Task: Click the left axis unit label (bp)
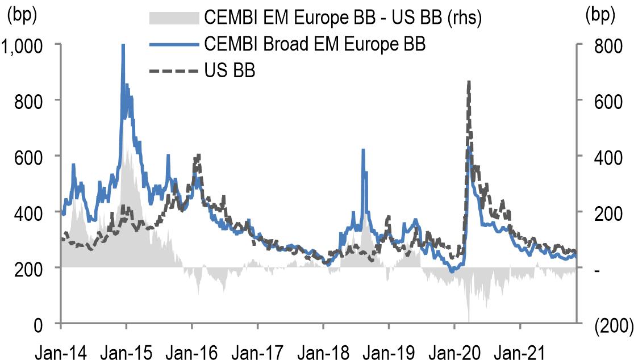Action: (21, 16)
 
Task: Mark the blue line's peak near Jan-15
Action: (123, 45)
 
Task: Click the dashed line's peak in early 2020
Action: (468, 82)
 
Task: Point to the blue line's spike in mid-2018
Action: (363, 150)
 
